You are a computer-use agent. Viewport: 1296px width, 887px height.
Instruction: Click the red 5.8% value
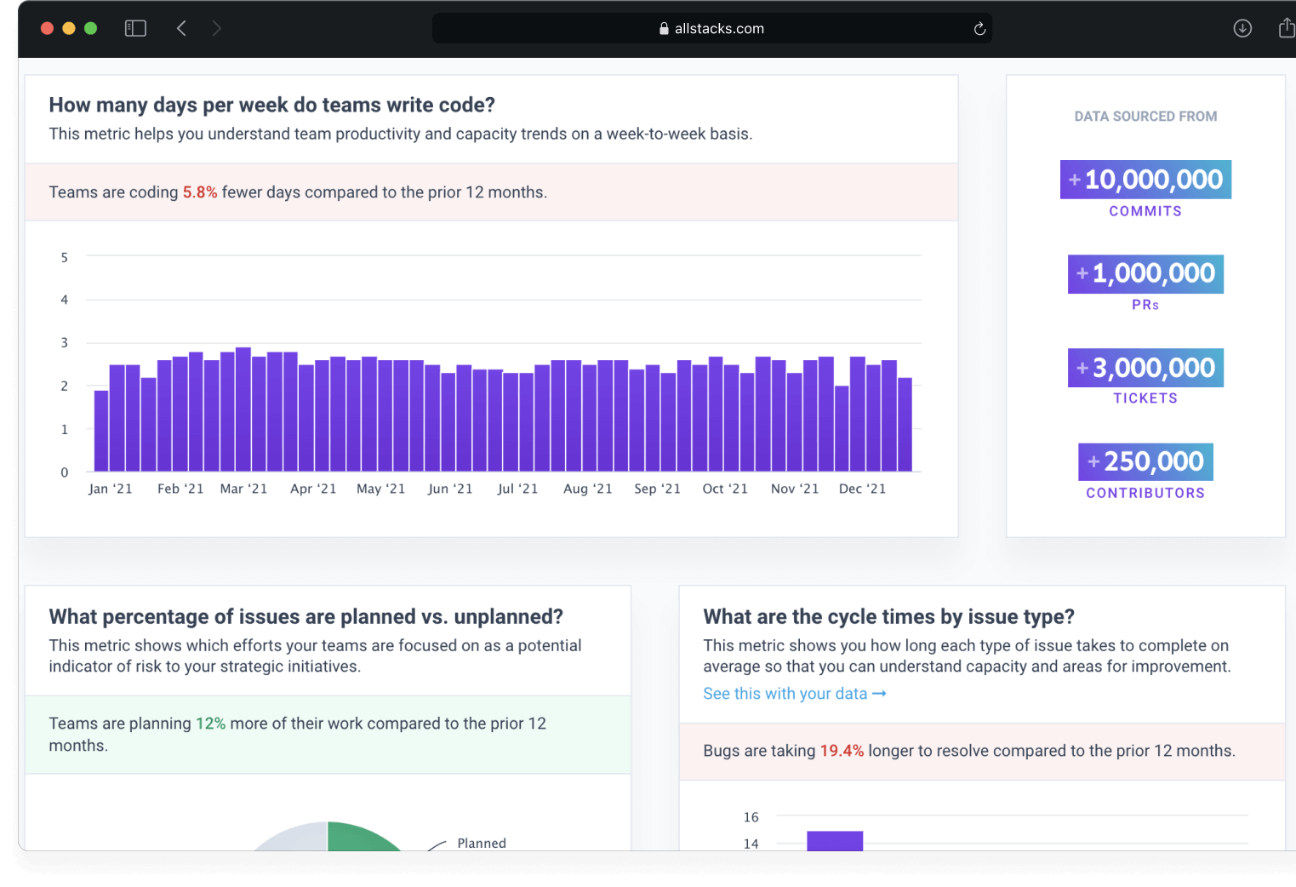(x=200, y=192)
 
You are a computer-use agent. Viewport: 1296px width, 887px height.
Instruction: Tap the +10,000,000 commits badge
(x=1145, y=180)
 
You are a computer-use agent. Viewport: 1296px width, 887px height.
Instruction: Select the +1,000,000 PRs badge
(x=1145, y=273)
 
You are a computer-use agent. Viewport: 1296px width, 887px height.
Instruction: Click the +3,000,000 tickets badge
(x=1145, y=368)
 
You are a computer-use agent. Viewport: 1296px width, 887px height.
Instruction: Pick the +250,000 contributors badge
(x=1145, y=461)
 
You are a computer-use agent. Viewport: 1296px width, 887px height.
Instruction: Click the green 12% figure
(x=210, y=724)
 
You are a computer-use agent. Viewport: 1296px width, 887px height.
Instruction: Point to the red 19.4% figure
(x=841, y=751)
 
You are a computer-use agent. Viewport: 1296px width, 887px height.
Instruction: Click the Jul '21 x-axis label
(x=517, y=489)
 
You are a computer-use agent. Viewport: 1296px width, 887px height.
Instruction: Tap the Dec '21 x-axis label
(x=862, y=489)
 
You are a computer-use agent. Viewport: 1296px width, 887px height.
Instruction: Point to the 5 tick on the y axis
(x=64, y=257)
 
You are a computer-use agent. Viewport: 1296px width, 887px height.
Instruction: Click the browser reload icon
(x=979, y=29)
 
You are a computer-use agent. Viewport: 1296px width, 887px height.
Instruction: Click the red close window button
(x=48, y=29)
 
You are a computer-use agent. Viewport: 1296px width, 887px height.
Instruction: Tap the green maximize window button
(x=91, y=29)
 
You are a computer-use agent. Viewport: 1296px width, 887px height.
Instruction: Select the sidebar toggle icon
(x=135, y=29)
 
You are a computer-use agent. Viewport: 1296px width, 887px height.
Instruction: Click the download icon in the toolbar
(x=1242, y=29)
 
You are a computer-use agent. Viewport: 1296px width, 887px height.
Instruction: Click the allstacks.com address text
(x=719, y=29)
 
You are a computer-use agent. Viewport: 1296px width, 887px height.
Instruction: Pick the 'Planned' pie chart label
(x=482, y=843)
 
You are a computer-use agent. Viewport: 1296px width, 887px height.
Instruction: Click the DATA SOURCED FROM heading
(x=1145, y=117)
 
